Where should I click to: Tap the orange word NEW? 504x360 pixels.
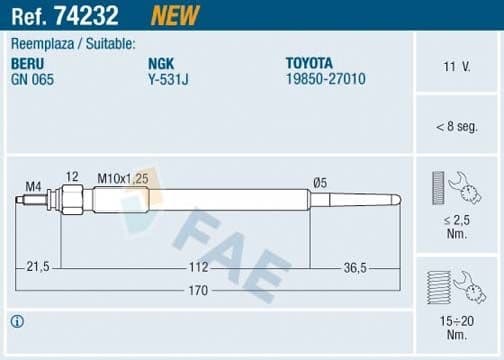174,15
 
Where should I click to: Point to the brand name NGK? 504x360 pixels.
161,62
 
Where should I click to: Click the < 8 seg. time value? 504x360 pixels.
457,126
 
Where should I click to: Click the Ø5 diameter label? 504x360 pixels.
320,182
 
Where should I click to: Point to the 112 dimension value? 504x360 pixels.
198,266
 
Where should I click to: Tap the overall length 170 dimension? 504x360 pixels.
198,291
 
